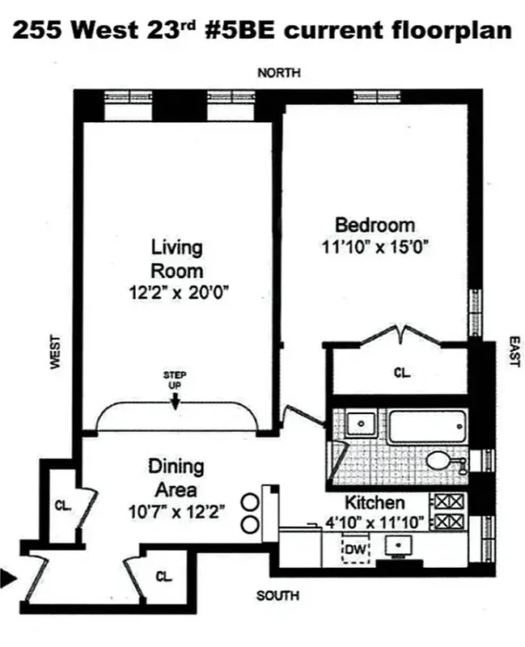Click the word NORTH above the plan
[279, 73]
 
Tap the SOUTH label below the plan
[277, 596]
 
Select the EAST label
[514, 353]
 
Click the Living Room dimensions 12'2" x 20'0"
[176, 292]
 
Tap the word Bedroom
[375, 225]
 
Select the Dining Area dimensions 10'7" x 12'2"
[176, 511]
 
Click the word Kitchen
[375, 502]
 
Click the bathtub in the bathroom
[426, 426]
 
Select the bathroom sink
[358, 424]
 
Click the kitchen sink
[396, 548]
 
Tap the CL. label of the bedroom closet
[402, 373]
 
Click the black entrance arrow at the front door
[8, 577]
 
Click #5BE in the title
[239, 31]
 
